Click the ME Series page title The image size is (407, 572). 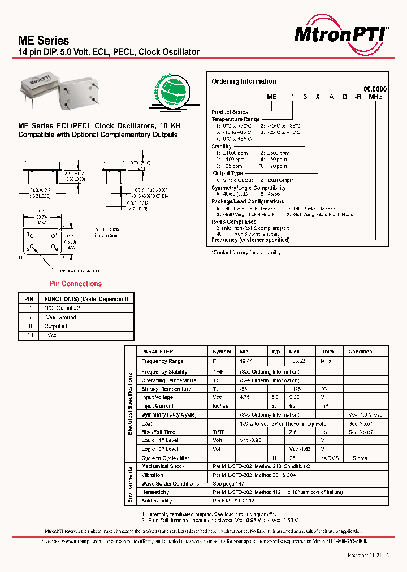coord(44,41)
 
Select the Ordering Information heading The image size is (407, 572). coord(244,81)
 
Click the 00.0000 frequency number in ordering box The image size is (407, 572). coord(375,89)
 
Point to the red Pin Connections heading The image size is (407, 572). coord(76,284)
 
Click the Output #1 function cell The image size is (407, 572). coord(56,326)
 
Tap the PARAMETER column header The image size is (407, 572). coord(157,352)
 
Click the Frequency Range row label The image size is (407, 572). coord(162,361)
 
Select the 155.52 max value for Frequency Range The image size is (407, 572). coord(297,361)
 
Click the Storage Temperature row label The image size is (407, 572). coord(166,389)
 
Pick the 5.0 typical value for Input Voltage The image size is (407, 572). coord(276,397)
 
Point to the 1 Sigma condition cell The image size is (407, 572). coord(358,458)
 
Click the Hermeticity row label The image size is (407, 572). coord(155,492)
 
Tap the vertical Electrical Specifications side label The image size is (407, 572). coord(130,403)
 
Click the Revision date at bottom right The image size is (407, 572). coord(367,556)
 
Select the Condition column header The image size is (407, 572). coord(360,352)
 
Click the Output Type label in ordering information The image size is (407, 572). coord(228,174)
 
